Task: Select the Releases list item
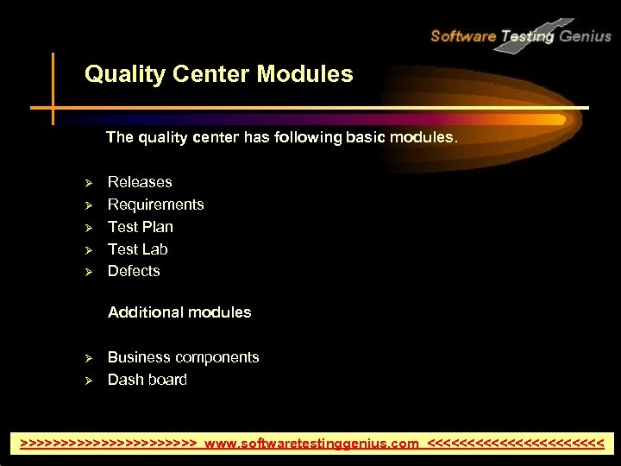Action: point(140,182)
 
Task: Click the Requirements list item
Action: point(155,205)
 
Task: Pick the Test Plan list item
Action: point(140,227)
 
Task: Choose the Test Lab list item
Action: point(137,249)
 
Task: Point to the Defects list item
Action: point(134,271)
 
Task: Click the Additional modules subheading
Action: point(179,312)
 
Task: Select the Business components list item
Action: point(183,357)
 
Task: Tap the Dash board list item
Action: point(147,380)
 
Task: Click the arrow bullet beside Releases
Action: point(87,183)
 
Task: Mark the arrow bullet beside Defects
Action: point(87,272)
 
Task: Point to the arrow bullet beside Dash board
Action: point(87,381)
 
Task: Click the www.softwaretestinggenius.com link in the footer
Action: point(312,444)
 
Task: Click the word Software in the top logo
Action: point(463,36)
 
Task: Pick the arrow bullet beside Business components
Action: point(87,358)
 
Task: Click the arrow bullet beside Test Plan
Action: point(87,228)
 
